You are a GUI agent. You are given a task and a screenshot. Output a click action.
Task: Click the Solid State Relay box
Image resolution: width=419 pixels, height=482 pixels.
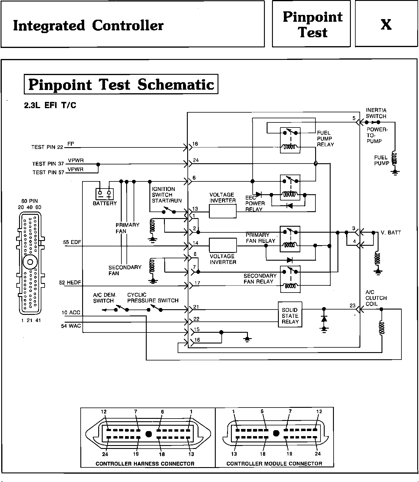pos(290,315)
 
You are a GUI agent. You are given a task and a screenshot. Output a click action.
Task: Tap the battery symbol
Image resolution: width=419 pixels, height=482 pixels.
pos(104,194)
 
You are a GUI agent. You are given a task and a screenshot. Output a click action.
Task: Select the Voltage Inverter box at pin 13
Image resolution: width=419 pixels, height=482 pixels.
pos(223,212)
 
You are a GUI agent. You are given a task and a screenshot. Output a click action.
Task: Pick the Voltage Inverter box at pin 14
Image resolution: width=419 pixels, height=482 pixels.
pos(223,245)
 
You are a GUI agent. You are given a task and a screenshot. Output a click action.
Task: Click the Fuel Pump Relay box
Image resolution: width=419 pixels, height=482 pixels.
pos(290,140)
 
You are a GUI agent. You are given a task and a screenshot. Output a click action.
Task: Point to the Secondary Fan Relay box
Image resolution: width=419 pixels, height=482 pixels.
pos(290,279)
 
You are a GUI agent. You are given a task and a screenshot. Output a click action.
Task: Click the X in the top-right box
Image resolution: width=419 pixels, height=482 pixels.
pos(386,24)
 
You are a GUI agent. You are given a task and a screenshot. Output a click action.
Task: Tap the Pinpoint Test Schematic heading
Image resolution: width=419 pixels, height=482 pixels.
pos(121,84)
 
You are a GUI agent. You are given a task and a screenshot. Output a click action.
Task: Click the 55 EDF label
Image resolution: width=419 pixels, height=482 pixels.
pos(72,242)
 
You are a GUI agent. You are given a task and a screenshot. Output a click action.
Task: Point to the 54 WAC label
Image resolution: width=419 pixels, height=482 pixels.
pos(71,326)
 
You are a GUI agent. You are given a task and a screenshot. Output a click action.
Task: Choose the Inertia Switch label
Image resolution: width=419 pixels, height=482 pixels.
pos(376,113)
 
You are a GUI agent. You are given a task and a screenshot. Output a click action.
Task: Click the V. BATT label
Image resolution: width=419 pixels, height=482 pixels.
pos(391,232)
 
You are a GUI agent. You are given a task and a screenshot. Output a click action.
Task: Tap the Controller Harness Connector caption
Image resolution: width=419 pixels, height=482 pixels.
pos(145,464)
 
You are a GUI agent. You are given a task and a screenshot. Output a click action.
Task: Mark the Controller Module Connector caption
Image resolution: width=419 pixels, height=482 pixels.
pos(274,464)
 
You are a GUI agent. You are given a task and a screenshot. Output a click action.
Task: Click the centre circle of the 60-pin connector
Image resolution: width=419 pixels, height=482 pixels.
pos(30,262)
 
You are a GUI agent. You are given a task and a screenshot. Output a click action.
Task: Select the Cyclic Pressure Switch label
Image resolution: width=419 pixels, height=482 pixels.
pos(153,298)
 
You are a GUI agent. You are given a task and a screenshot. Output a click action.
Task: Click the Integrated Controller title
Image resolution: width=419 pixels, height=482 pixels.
pos(88,25)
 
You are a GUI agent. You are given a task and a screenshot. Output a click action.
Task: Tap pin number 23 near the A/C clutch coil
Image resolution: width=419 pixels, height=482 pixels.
pos(352,305)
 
